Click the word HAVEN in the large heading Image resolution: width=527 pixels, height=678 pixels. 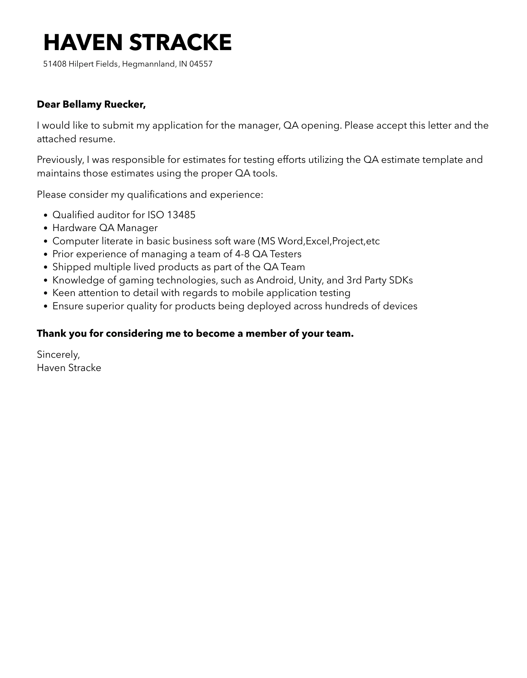[82, 43]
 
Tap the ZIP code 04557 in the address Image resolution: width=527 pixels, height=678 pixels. [201, 64]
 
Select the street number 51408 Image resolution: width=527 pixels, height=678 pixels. [55, 64]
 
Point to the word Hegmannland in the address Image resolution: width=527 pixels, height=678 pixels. [149, 64]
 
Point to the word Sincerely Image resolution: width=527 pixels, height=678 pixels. [58, 355]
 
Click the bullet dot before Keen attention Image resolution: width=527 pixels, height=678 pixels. [46, 293]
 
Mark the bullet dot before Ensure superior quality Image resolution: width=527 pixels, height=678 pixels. [46, 306]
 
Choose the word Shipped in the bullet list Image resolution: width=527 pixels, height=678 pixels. [71, 267]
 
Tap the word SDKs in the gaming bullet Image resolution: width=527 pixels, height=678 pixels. [401, 280]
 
